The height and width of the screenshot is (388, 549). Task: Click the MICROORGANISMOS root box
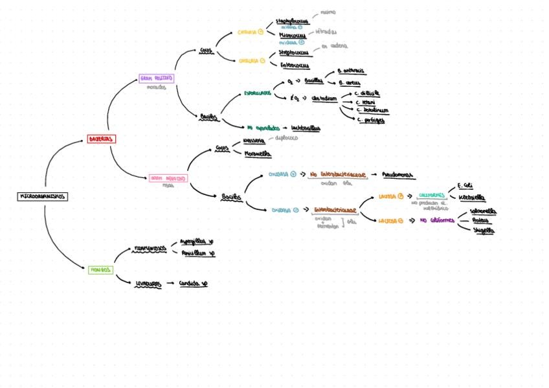[42, 196]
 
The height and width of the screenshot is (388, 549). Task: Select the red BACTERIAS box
[102, 139]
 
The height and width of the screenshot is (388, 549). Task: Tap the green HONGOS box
[100, 269]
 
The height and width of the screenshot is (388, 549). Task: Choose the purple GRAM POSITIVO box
[156, 78]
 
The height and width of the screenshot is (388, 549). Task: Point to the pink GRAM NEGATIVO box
[168, 177]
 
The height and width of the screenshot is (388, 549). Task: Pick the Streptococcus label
[294, 52]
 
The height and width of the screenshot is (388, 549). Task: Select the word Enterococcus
[294, 65]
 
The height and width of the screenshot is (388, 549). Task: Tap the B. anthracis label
[351, 71]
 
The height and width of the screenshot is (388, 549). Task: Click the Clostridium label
[324, 98]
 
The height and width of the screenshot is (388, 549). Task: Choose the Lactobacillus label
[306, 128]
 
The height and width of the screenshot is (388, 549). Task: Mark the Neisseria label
[253, 141]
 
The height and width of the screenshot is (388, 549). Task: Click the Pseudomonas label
[398, 175]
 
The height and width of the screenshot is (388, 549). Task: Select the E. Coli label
[465, 185]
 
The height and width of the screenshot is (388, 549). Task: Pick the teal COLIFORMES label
[431, 195]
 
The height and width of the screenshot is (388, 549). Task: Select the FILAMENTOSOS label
[150, 248]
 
